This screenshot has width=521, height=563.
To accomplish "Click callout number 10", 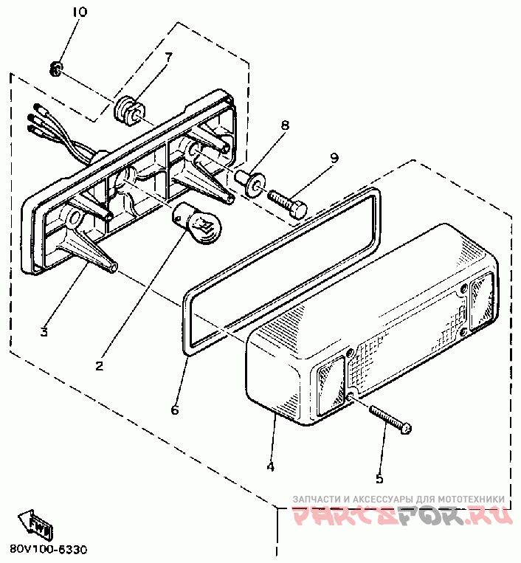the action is [x=80, y=12].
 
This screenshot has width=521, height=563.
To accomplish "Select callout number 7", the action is [x=168, y=56].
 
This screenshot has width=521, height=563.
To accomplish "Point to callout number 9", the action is [x=334, y=156].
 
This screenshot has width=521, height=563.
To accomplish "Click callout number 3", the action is [x=44, y=332].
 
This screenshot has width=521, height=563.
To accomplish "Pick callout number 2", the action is [x=99, y=364].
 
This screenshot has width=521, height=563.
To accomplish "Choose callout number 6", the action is [x=174, y=410].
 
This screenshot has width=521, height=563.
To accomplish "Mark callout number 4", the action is [x=271, y=466].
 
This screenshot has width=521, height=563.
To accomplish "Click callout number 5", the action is [x=379, y=478].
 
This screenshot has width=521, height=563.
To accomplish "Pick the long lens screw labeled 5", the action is [x=391, y=419].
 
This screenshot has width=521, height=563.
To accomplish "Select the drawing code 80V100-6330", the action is [x=49, y=550].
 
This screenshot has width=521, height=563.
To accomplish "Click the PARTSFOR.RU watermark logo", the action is [x=403, y=517].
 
